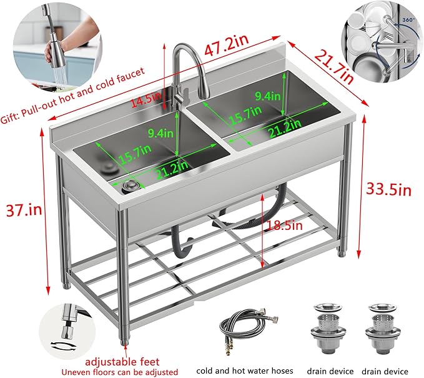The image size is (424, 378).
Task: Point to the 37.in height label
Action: pyautogui.click(x=24, y=209)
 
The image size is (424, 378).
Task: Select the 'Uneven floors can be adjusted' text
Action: pyautogui.click(x=119, y=372)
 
